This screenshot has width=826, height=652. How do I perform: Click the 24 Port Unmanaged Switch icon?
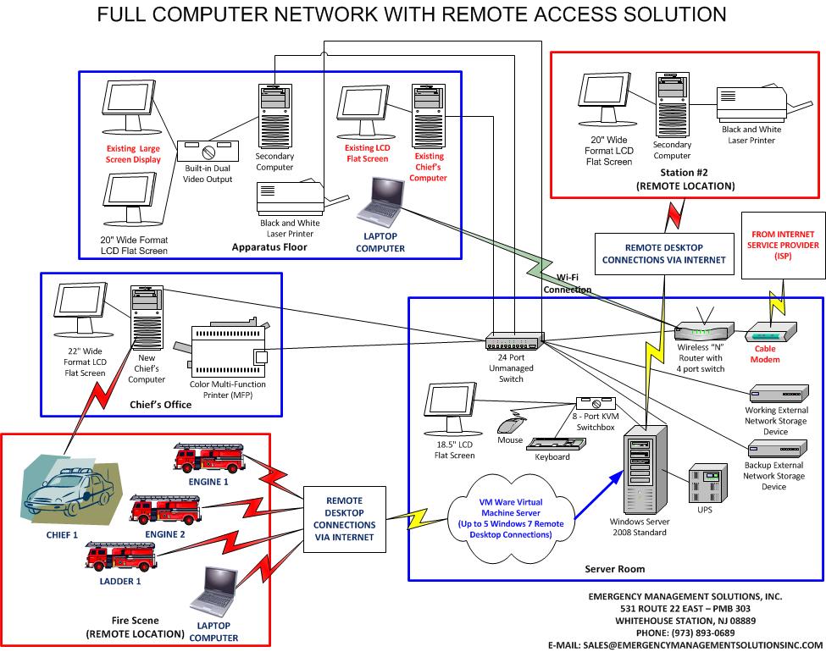tap(514, 342)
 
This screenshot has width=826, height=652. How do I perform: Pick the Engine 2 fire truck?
tap(165, 509)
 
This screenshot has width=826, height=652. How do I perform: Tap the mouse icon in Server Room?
tap(510, 424)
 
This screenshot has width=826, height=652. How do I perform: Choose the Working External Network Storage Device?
tap(775, 394)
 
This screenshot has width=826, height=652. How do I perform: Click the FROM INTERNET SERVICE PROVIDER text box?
tap(783, 245)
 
